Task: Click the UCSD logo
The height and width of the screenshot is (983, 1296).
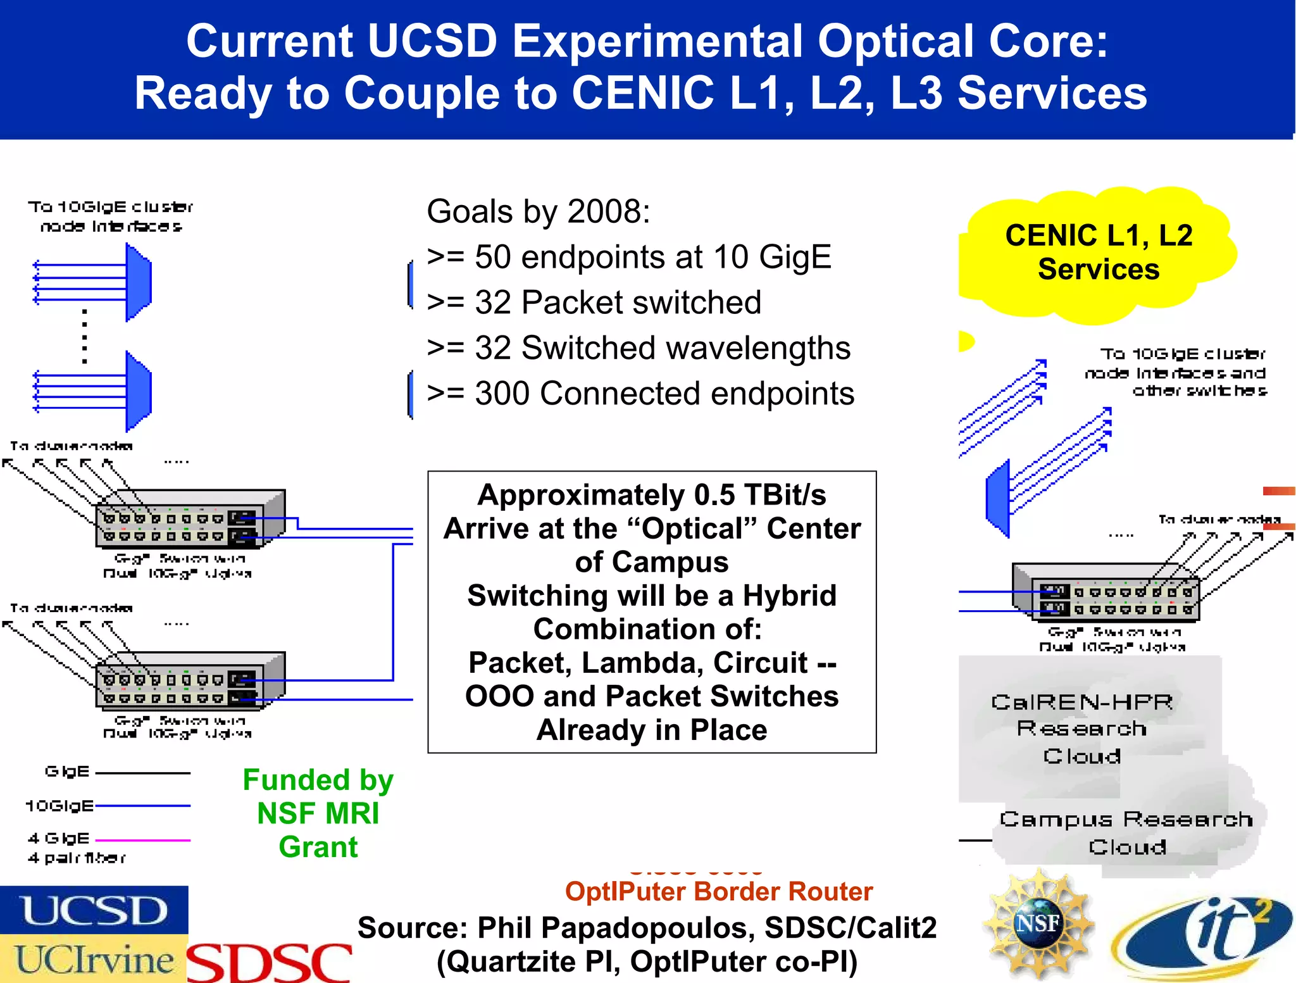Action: pyautogui.click(x=94, y=910)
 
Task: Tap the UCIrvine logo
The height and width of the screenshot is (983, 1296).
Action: pyautogui.click(x=94, y=959)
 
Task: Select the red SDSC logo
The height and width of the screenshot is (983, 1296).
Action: pyautogui.click(x=270, y=962)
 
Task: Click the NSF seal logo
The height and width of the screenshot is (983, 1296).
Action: pyautogui.click(x=1038, y=924)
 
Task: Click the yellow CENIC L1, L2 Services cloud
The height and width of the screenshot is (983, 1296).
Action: pyautogui.click(x=1098, y=253)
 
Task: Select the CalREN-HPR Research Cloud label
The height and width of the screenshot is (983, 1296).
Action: pyautogui.click(x=1082, y=728)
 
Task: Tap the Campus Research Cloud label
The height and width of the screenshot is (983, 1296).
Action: pyautogui.click(x=1126, y=832)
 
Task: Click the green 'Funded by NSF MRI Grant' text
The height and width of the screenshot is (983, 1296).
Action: pyautogui.click(x=318, y=813)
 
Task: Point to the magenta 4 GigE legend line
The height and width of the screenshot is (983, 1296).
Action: pyautogui.click(x=142, y=840)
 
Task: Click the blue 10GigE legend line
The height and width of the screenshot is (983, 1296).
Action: pyautogui.click(x=142, y=806)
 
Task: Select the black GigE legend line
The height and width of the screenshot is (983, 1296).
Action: pyautogui.click(x=142, y=773)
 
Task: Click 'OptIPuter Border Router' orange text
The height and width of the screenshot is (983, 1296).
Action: pyautogui.click(x=719, y=891)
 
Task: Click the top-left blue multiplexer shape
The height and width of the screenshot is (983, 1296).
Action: pyautogui.click(x=138, y=282)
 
